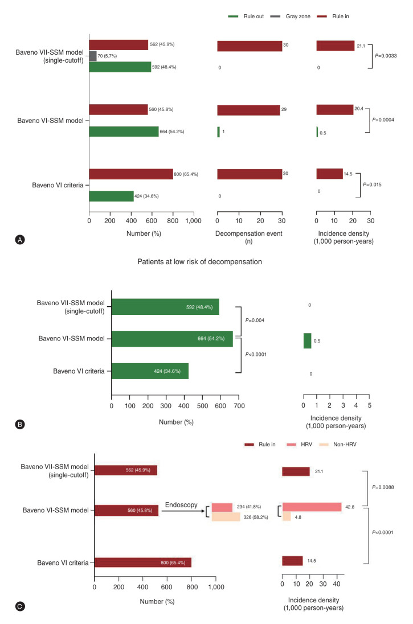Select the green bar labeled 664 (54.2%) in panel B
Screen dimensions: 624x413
click(x=172, y=339)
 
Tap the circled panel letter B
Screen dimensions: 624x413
click(x=21, y=424)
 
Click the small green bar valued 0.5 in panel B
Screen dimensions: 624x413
click(x=307, y=340)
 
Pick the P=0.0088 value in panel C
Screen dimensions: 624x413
click(x=382, y=487)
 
